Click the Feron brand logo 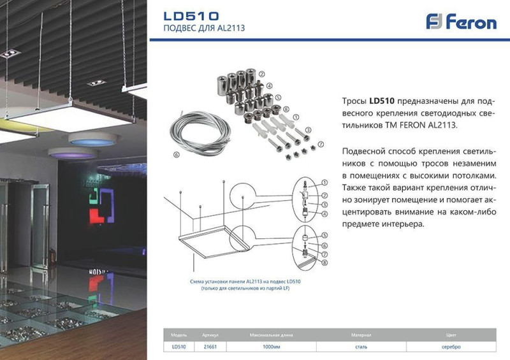[x=461, y=22]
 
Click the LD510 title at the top [x=191, y=15]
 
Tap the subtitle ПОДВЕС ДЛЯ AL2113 [x=204, y=29]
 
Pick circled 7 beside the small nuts [x=321, y=144]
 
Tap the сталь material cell [x=361, y=347]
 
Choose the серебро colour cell [x=451, y=347]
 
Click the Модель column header [x=178, y=335]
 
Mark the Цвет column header [x=451, y=335]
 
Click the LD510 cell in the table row [x=178, y=347]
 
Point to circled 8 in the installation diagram [x=324, y=263]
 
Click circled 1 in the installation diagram [x=324, y=182]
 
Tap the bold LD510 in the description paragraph [x=382, y=101]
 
